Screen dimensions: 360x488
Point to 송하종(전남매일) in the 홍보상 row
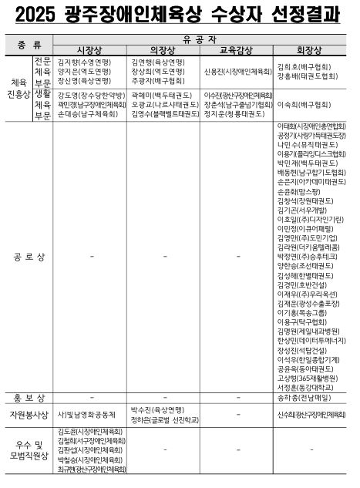click(304, 398)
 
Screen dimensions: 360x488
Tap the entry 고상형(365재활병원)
click(304, 379)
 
